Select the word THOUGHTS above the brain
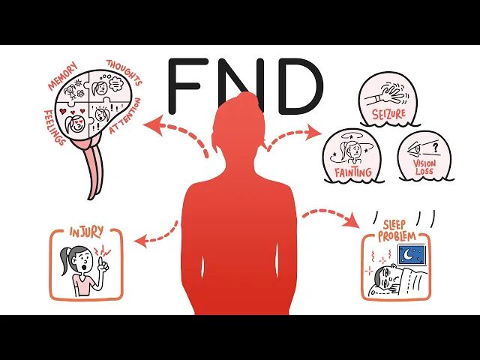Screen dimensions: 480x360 tap(124, 73)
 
